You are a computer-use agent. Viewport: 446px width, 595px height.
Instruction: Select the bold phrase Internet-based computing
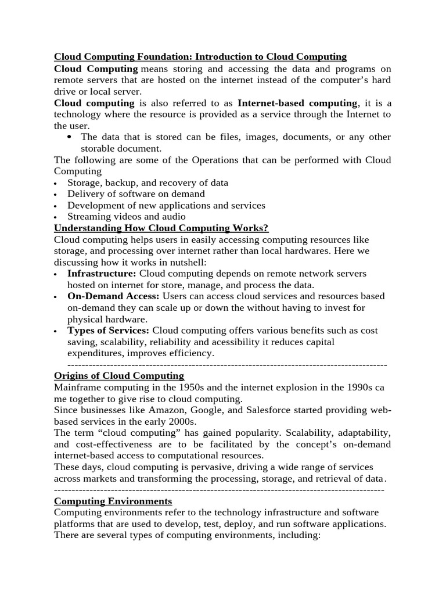coord(298,103)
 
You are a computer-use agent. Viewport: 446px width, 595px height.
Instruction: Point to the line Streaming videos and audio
coord(127,217)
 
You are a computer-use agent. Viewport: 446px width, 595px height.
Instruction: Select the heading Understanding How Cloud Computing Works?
coord(161,228)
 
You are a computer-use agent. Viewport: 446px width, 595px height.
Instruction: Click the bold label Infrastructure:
coord(102,273)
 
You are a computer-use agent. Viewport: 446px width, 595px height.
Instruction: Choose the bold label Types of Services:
coord(109,331)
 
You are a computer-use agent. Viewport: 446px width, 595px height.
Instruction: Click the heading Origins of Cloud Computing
coord(119,376)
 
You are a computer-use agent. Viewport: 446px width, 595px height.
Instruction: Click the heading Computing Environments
coord(113,501)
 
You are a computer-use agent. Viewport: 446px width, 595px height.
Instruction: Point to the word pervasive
coord(195,467)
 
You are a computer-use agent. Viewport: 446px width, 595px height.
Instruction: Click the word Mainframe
coord(78,388)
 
